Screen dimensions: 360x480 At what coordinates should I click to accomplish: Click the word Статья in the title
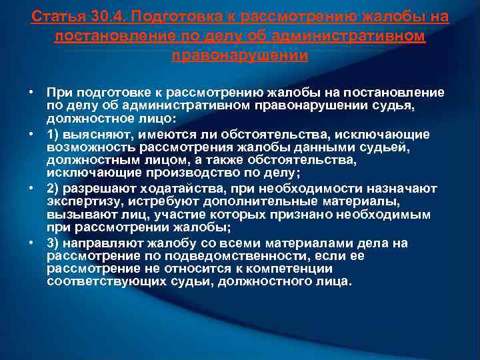click(55, 15)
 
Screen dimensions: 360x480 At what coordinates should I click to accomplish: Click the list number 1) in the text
click(53, 135)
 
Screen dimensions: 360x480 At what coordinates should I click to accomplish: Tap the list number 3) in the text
click(53, 243)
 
